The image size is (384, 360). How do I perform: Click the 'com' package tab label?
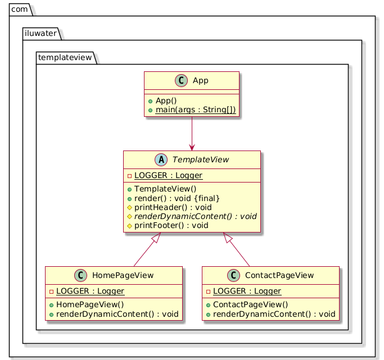pyautogui.click(x=19, y=10)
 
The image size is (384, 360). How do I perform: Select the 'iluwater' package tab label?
pyautogui.click(x=40, y=33)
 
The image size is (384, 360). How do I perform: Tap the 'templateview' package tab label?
pyautogui.click(x=65, y=57)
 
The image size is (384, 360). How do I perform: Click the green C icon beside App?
pyautogui.click(x=181, y=80)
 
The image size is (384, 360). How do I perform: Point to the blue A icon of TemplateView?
pyautogui.click(x=161, y=160)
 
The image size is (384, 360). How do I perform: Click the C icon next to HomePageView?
pyautogui.click(x=80, y=275)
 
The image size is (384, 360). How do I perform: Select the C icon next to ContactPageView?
pyautogui.click(x=233, y=275)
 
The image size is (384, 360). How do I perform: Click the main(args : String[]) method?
pyautogui.click(x=196, y=110)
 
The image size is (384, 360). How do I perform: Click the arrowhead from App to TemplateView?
pyautogui.click(x=192, y=148)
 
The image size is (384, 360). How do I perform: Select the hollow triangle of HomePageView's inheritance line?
pyautogui.click(x=156, y=238)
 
